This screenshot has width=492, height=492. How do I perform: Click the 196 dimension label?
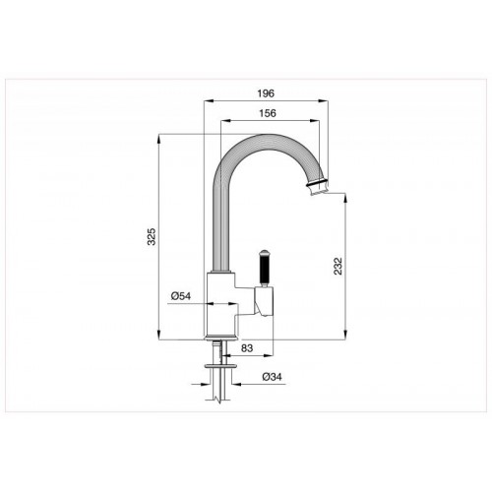click(266, 93)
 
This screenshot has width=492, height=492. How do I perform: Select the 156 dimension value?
click(268, 113)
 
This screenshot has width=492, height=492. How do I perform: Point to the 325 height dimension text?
click(152, 236)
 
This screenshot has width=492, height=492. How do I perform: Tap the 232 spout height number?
click(338, 266)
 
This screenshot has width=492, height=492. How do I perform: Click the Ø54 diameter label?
click(181, 296)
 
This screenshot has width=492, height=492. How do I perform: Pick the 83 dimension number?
click(247, 347)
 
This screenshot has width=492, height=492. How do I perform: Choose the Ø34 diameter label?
click(272, 377)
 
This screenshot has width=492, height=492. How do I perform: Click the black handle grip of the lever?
click(264, 270)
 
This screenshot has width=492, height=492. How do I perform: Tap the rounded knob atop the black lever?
click(264, 253)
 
